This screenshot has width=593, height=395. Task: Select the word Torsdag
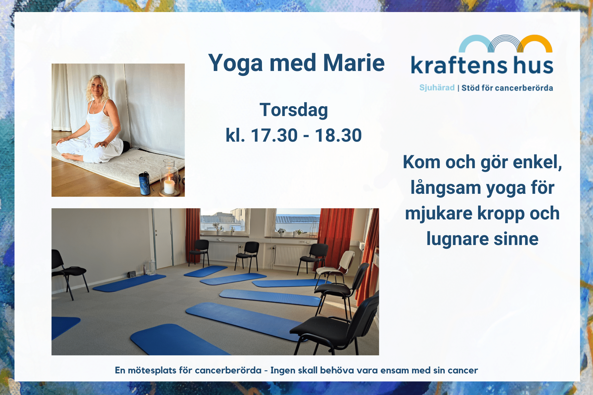294,110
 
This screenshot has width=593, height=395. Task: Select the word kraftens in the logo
459,65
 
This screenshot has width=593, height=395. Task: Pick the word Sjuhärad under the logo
437,88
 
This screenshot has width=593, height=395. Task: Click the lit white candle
169,185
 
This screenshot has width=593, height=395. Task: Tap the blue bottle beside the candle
145,183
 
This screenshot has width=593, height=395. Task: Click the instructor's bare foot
73,157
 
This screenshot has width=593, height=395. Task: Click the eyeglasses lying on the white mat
137,160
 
